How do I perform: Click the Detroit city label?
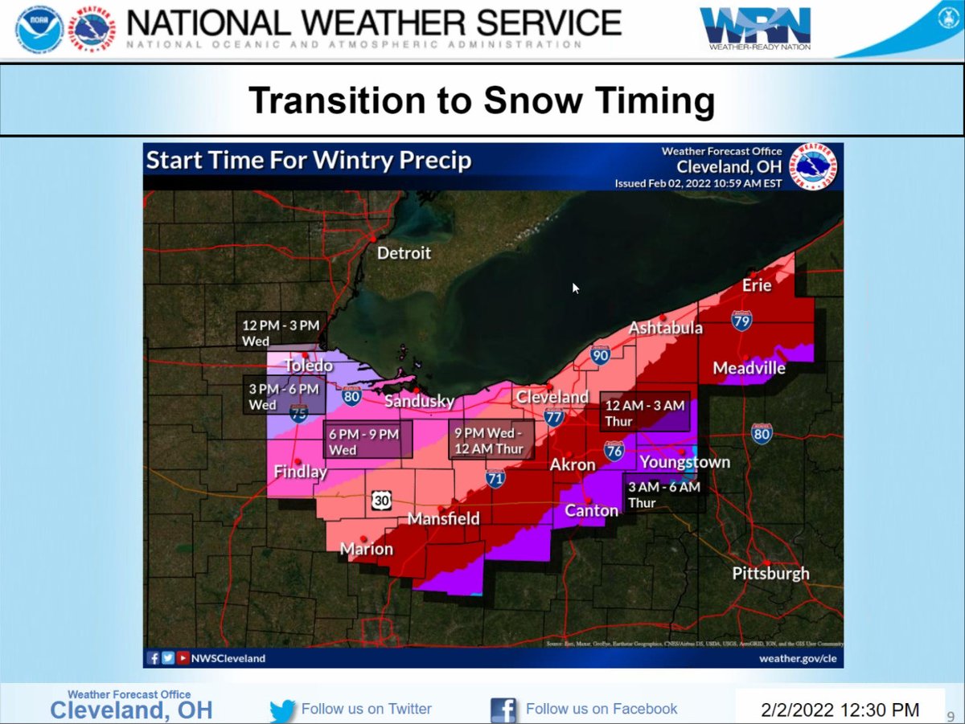(404, 253)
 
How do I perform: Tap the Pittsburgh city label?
(770, 574)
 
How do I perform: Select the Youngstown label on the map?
(684, 462)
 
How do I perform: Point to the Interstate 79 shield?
(741, 321)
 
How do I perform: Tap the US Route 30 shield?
(381, 501)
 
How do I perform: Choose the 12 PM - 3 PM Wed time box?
(281, 332)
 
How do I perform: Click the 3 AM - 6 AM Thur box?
(664, 494)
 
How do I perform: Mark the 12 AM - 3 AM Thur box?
(645, 413)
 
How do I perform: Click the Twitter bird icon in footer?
(282, 710)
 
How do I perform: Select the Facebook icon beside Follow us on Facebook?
(503, 710)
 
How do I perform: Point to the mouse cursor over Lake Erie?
(576, 288)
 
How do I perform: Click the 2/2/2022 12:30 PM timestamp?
(840, 710)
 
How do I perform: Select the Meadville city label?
(749, 368)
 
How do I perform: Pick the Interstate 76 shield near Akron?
(614, 451)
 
